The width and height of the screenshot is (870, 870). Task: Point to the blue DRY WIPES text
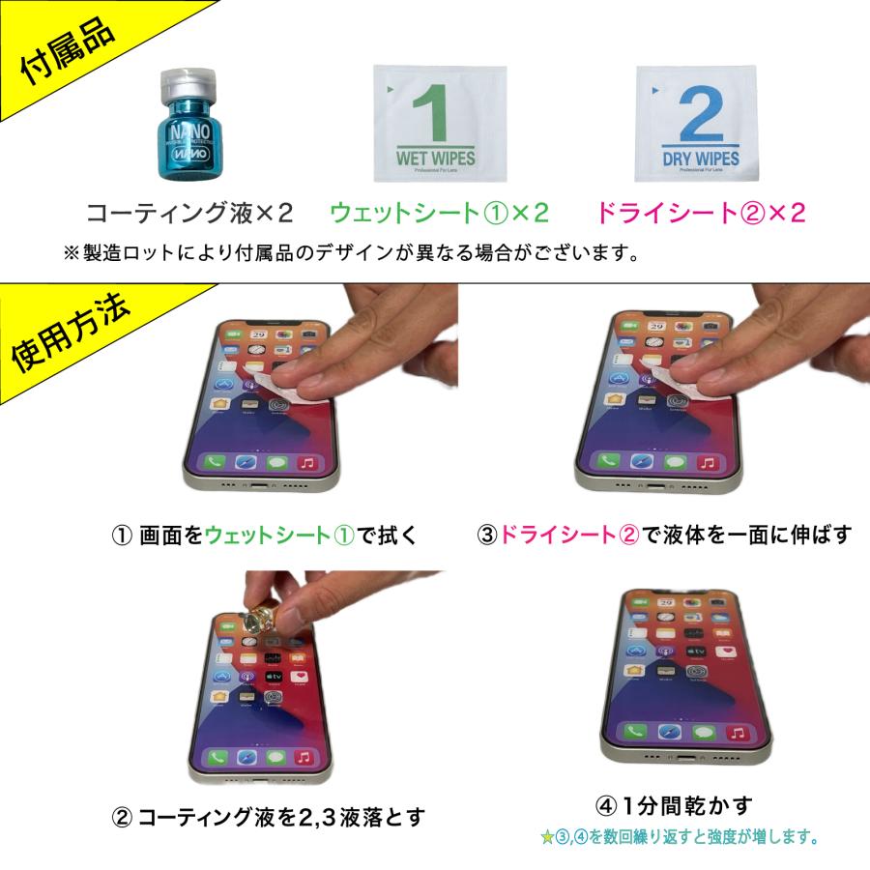pos(701,158)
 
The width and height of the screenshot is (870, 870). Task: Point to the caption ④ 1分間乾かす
pos(674,804)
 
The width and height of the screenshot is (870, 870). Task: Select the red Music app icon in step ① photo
pos(307,462)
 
